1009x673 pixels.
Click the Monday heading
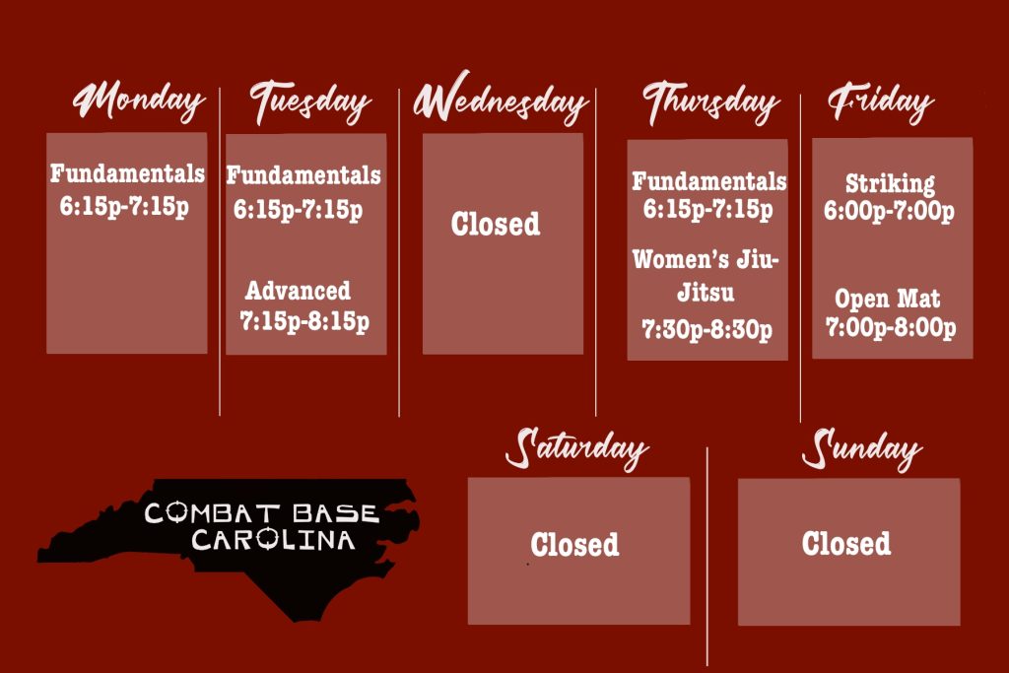139,101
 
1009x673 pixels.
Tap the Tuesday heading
310,101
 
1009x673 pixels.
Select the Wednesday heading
501,99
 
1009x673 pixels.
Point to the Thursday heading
711,101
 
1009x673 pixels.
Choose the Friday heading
881,102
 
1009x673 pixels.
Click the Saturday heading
576,449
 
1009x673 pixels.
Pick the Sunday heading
861,449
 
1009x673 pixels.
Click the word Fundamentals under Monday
127,173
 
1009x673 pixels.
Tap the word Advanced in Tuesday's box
298,291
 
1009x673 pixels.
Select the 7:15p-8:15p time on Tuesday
304,321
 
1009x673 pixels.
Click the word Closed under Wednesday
496,224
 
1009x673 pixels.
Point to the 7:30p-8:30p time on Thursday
707,329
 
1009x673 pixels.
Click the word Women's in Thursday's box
681,259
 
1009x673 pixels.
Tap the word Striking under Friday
890,183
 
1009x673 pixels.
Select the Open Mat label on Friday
888,299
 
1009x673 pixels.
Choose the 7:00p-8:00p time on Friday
891,327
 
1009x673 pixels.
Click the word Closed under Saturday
574,544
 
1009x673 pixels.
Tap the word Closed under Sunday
846,543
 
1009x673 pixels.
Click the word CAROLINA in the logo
273,540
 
